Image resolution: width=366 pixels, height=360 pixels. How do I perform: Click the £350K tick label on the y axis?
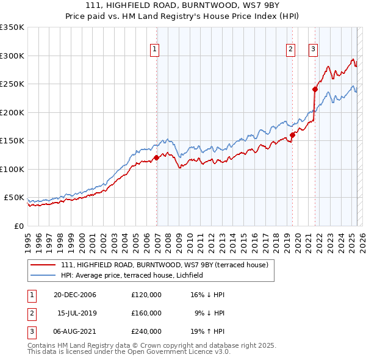pos(12,27)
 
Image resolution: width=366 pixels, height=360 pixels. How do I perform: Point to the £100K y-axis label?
pos(12,169)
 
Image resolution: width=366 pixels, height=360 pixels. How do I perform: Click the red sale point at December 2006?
pos(157,157)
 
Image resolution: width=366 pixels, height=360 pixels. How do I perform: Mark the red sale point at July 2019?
pos(292,135)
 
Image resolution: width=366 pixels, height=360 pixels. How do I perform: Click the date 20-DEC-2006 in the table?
pos(75,295)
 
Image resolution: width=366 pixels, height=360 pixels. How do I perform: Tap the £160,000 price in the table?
pos(146,313)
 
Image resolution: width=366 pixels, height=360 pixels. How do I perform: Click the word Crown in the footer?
pos(152,345)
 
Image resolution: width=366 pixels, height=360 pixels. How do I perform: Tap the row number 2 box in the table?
pos(30,313)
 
